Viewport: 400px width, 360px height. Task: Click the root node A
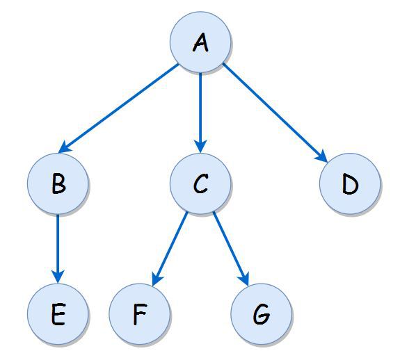pos(200,42)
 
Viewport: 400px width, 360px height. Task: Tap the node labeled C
pos(200,185)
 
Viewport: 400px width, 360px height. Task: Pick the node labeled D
pos(350,186)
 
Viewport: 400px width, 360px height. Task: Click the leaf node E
pos(58,315)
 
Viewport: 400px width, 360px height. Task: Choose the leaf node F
pos(140,315)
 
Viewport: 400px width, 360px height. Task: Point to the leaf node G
pos(261,315)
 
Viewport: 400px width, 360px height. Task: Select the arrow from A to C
pos(200,111)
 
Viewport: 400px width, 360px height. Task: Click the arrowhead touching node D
pos(323,158)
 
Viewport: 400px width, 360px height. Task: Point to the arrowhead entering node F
pos(157,278)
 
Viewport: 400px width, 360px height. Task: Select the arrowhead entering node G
pos(244,278)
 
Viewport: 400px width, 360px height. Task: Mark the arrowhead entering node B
pos(65,147)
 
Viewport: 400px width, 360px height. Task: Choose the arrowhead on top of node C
pos(200,147)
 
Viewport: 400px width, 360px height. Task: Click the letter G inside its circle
pos(261,316)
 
